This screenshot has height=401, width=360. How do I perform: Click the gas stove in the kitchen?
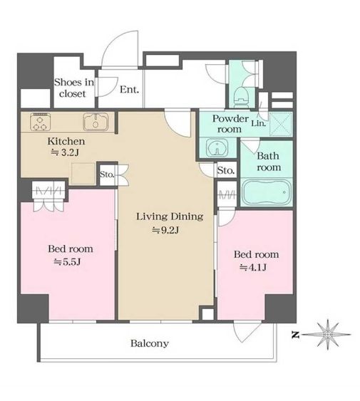click(40, 122)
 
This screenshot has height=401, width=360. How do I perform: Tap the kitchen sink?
click(96, 122)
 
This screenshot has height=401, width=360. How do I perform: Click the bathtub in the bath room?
click(267, 192)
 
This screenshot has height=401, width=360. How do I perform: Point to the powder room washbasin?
click(217, 147)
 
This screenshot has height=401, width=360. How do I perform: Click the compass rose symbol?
click(328, 335)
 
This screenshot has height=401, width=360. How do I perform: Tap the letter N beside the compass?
click(295, 335)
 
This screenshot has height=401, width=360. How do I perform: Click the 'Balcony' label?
click(150, 343)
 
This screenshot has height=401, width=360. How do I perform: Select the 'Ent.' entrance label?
click(129, 90)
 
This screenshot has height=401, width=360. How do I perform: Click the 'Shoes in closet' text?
click(74, 88)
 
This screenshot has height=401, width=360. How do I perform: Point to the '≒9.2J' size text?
click(165, 230)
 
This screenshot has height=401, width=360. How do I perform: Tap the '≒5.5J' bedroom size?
click(68, 262)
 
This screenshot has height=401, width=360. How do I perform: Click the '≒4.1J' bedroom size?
click(253, 268)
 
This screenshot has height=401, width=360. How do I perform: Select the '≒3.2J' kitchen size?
click(65, 152)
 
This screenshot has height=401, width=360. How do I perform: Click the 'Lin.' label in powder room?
click(258, 123)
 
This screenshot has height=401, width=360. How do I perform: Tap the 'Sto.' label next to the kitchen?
click(106, 175)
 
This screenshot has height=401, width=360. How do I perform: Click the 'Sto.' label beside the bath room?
click(225, 170)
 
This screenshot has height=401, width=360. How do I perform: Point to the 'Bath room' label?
click(268, 162)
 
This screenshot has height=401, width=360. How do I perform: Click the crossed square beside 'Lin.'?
click(280, 125)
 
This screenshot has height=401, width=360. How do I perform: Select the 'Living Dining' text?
click(170, 217)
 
